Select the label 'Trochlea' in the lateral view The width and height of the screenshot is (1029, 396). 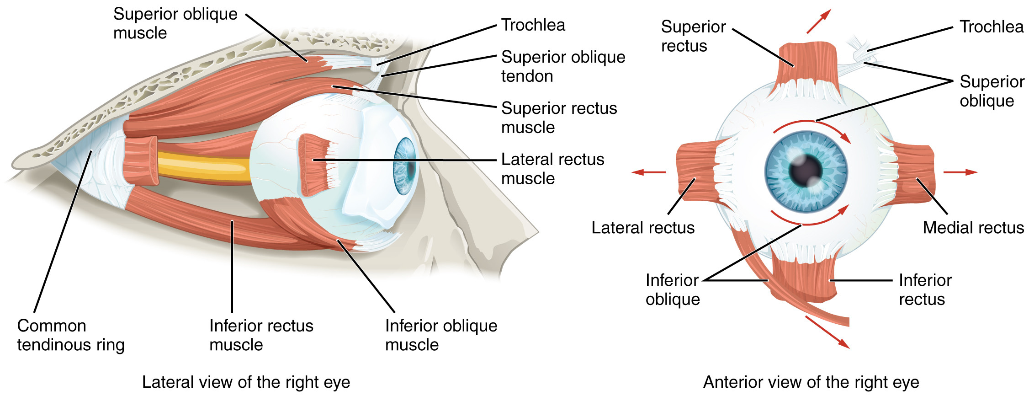533,25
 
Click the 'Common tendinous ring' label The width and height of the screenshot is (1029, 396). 70,335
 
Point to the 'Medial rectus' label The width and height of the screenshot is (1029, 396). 973,227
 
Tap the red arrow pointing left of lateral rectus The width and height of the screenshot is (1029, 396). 648,172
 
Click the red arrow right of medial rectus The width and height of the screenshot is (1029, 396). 960,172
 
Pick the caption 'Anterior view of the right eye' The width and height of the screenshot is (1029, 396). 811,382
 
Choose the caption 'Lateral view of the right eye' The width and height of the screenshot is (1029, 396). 246,382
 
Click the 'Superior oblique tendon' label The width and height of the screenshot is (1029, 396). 562,66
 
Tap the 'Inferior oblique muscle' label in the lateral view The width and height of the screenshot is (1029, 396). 440,335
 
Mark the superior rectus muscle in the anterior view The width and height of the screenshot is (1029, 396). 808,62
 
